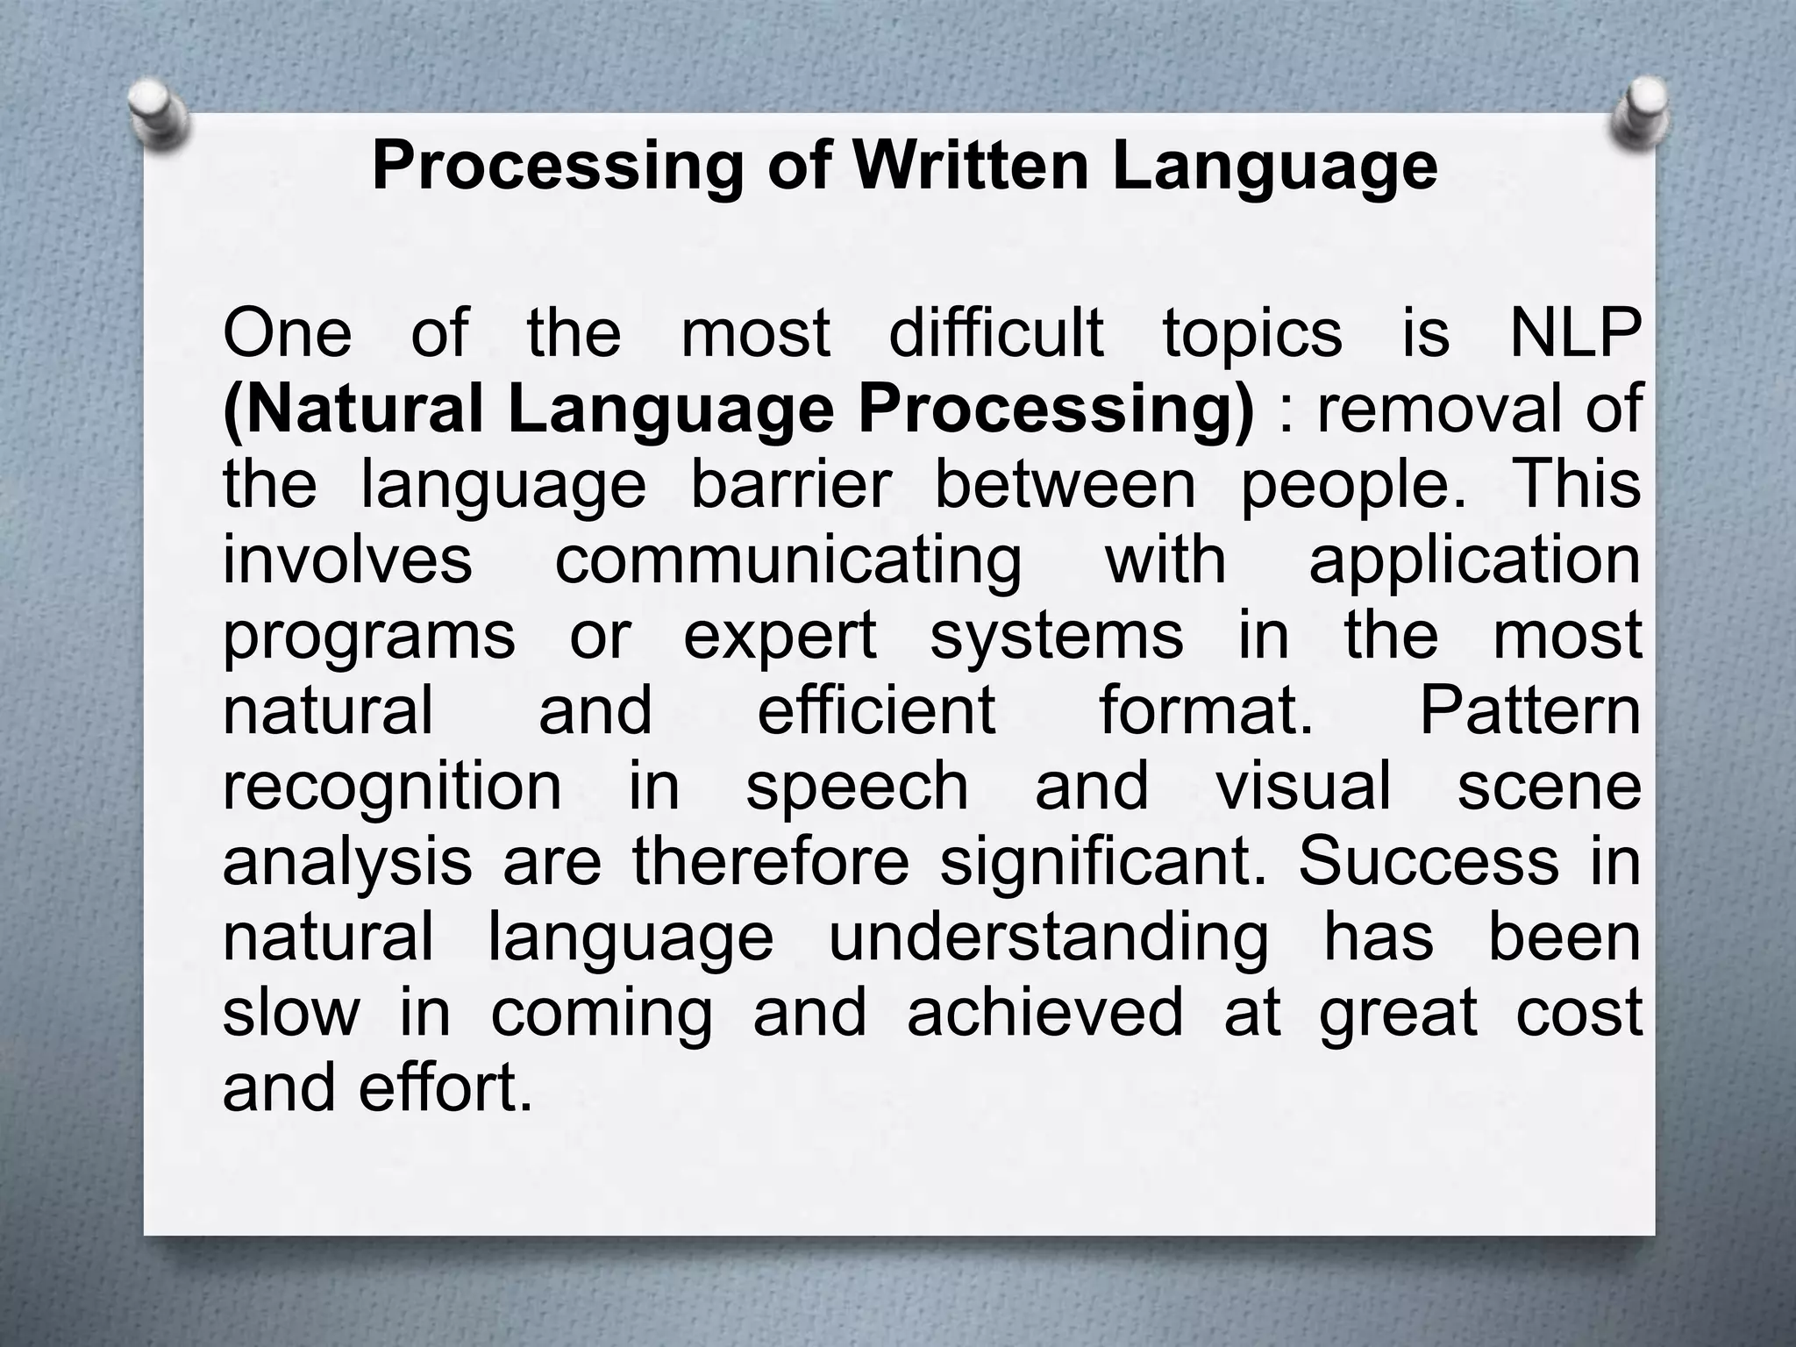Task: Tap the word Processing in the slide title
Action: (x=558, y=167)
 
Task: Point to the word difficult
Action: (x=996, y=333)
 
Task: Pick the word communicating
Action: (x=788, y=561)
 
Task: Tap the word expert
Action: (x=780, y=636)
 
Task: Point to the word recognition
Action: (x=392, y=787)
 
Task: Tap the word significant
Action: (x=1103, y=861)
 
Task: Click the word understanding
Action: (x=1048, y=937)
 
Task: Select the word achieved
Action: (x=1045, y=1012)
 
